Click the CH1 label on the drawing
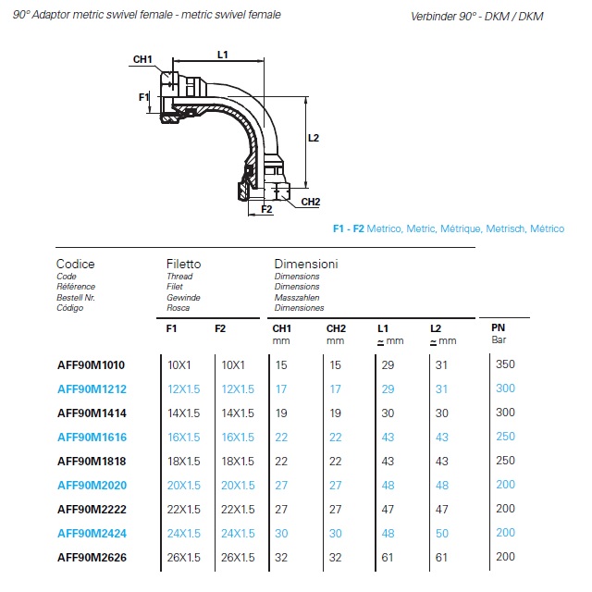pyautogui.click(x=142, y=60)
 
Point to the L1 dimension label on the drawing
pyautogui.click(x=223, y=55)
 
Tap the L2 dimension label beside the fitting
pyautogui.click(x=313, y=138)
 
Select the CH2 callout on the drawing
pyautogui.click(x=310, y=202)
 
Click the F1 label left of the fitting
pyautogui.click(x=144, y=97)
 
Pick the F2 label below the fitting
pyautogui.click(x=266, y=210)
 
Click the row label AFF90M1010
pyautogui.click(x=92, y=364)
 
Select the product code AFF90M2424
pyautogui.click(x=92, y=533)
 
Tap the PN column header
pyautogui.click(x=498, y=328)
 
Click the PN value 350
pyautogui.click(x=505, y=364)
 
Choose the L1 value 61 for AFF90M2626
pyautogui.click(x=388, y=557)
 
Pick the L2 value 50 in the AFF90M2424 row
pyautogui.click(x=441, y=533)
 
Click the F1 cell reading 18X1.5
pyautogui.click(x=184, y=461)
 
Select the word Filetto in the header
pyautogui.click(x=183, y=264)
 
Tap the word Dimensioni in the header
pyautogui.click(x=306, y=264)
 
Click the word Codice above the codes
pyautogui.click(x=76, y=264)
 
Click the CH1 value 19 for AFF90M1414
pyautogui.click(x=281, y=413)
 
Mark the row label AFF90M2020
pyautogui.click(x=92, y=485)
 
